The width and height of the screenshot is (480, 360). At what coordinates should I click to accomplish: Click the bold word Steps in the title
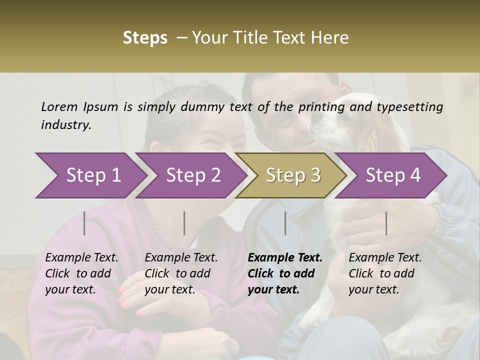[145, 38]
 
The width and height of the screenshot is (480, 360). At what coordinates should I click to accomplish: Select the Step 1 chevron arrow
[90, 175]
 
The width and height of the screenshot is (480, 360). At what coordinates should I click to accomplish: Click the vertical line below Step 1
[84, 223]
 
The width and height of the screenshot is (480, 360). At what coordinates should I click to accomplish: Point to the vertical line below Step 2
[184, 223]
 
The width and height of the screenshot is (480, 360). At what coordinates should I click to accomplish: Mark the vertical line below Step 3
[285, 223]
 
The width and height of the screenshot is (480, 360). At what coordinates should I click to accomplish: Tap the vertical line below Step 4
[386, 223]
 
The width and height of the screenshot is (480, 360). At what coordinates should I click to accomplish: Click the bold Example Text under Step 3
[285, 257]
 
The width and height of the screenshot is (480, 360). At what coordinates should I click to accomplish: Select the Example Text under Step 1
[81, 257]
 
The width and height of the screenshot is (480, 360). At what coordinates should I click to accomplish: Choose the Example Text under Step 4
[385, 257]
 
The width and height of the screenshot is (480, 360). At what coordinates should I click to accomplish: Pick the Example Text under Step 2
[181, 257]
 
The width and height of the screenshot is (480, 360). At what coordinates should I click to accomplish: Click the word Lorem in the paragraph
[59, 106]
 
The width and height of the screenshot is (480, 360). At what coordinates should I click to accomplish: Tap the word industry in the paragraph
[66, 125]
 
